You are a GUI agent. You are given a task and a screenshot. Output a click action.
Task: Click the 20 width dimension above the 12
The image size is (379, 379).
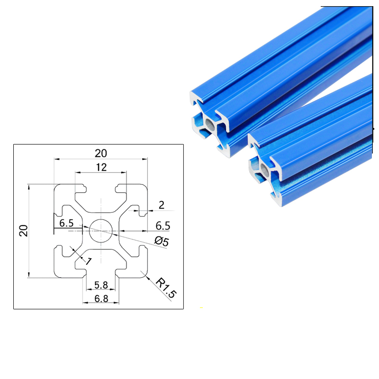point(101,153)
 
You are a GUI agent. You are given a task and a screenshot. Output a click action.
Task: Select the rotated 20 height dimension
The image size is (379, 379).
point(24,231)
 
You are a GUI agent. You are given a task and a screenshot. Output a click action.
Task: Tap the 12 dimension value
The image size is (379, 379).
point(101,167)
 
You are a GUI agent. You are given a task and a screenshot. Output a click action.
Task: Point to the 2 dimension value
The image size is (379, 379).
point(162,205)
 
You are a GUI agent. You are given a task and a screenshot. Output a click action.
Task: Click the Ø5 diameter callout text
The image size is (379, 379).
point(161,241)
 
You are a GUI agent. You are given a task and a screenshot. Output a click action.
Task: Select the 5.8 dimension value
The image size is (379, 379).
point(101,285)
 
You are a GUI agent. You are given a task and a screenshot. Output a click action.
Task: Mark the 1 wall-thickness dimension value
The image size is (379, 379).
point(87,260)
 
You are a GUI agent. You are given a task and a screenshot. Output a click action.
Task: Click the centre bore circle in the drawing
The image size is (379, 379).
point(101,231)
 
